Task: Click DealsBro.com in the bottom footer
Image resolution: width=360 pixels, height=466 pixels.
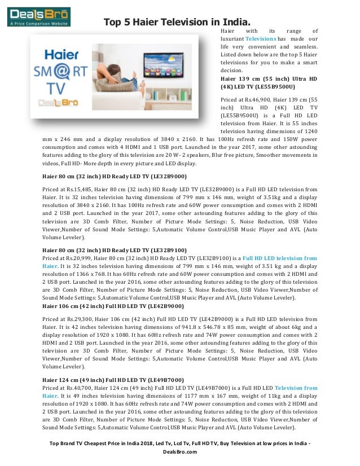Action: point(180,459)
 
